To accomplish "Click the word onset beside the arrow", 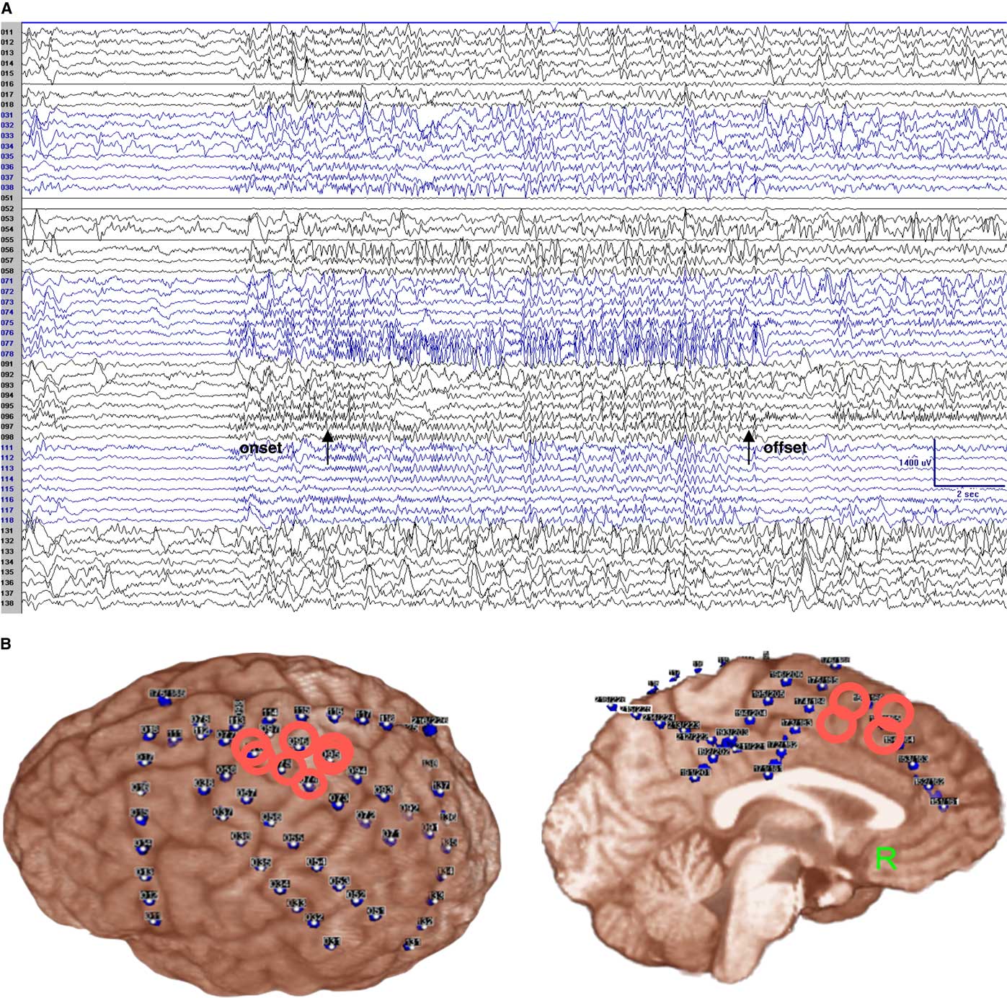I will (260, 448).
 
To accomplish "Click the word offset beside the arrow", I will (785, 447).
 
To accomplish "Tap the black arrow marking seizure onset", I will (327, 447).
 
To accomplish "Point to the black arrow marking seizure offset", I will (749, 447).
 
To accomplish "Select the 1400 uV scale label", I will (915, 462).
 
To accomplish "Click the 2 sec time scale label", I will (967, 494).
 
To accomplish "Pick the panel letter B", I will (6, 643).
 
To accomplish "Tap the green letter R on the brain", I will (885, 858).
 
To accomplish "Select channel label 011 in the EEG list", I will (7, 32).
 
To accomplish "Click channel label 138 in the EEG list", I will (7, 602).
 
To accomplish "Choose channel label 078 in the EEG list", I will (7, 354).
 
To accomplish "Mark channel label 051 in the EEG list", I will (7, 197).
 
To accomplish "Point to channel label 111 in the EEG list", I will (7, 447).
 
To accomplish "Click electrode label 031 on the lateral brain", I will (332, 941).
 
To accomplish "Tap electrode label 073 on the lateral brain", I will (339, 798).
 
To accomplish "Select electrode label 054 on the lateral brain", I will (316, 862).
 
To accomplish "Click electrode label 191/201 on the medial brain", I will (695, 772).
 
